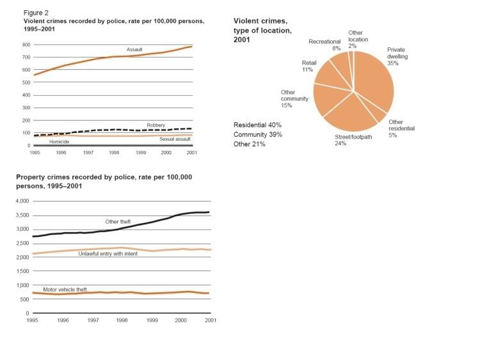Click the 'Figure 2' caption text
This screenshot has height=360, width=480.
[35, 12]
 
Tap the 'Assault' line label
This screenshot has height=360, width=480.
[134, 49]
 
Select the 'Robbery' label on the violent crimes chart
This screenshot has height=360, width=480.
[156, 125]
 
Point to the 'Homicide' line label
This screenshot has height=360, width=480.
[59, 141]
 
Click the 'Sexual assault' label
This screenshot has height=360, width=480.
[175, 137]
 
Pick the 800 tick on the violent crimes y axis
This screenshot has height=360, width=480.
[26, 45]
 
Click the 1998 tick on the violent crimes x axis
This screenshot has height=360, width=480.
[113, 153]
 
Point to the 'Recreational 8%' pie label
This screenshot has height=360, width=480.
[324, 45]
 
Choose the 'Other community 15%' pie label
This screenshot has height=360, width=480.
[294, 100]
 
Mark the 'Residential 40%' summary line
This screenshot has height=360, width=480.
[257, 125]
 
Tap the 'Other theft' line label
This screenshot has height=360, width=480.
[118, 221]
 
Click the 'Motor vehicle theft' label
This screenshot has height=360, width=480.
[65, 290]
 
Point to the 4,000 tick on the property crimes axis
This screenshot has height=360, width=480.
[23, 201]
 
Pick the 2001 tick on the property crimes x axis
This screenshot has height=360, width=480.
[209, 319]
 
